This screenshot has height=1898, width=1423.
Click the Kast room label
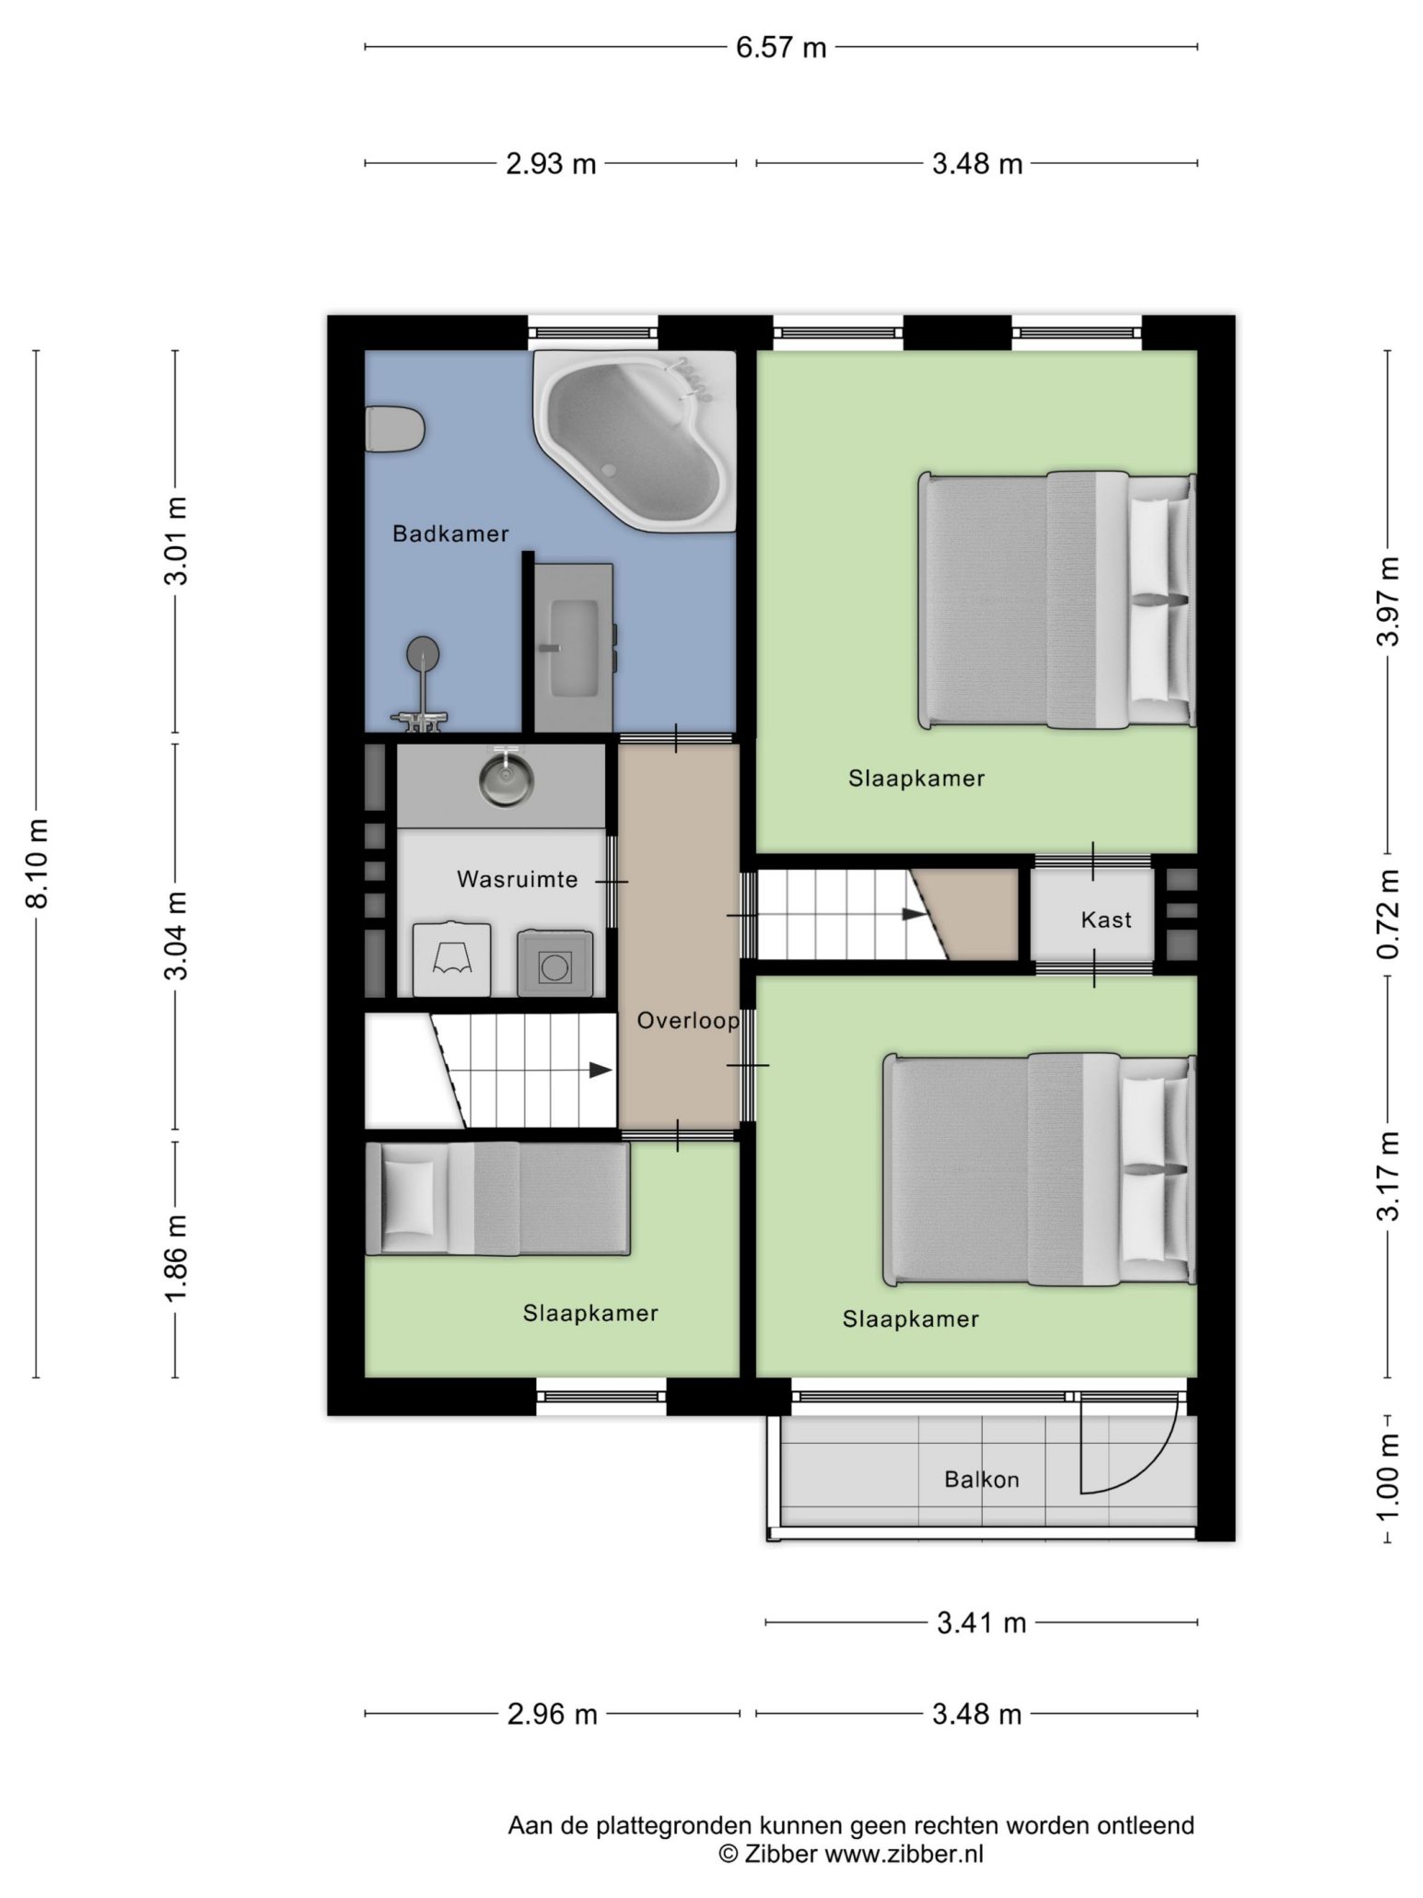pyautogui.click(x=1106, y=919)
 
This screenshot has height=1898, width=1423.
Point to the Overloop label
pyautogui.click(x=688, y=1021)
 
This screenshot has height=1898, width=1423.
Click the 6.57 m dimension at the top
pyautogui.click(x=781, y=47)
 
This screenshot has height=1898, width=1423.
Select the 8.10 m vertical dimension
pyautogui.click(x=38, y=862)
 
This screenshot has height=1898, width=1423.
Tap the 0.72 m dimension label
pyautogui.click(x=1388, y=915)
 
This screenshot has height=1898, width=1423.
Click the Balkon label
pyautogui.click(x=982, y=1480)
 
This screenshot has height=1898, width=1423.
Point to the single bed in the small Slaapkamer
pyautogui.click(x=497, y=1199)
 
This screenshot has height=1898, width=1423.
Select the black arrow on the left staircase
pyautogui.click(x=601, y=1070)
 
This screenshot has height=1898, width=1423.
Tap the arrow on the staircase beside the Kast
pyautogui.click(x=914, y=914)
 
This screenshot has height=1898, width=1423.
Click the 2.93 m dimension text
pyautogui.click(x=551, y=164)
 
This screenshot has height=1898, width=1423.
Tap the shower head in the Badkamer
pyautogui.click(x=423, y=652)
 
